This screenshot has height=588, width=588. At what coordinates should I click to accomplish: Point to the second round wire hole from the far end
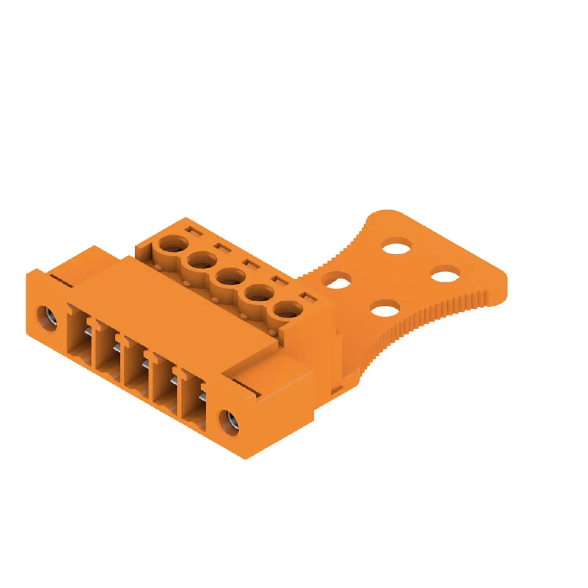pos(202,261)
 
